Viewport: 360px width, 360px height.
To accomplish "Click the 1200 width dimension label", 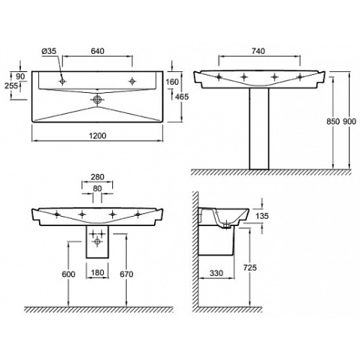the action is click(x=97, y=136).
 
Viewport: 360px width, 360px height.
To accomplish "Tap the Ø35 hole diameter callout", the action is click(x=49, y=51).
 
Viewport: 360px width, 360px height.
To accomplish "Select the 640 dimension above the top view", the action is click(x=97, y=51).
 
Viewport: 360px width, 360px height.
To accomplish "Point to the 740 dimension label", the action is click(x=258, y=51).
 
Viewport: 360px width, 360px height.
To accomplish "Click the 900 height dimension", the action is click(x=349, y=122).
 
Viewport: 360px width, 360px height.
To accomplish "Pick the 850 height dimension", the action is click(x=333, y=122).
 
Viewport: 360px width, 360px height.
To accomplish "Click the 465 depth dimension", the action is click(x=182, y=96).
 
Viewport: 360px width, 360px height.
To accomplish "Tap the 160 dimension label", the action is click(x=172, y=82).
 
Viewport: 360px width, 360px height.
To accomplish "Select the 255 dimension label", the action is click(x=12, y=86).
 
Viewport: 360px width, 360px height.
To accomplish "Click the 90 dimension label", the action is click(x=20, y=76).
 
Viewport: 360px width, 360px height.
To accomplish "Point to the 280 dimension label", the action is click(x=97, y=177).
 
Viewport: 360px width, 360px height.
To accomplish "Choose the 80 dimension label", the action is click(x=97, y=189).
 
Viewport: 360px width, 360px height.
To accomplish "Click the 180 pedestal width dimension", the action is click(x=97, y=273).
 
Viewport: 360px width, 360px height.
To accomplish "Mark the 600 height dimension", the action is click(x=68, y=274).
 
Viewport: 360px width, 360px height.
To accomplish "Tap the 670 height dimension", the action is click(x=127, y=274).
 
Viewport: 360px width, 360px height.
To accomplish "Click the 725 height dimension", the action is click(x=250, y=267).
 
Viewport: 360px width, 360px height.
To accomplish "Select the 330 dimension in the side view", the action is click(x=216, y=273).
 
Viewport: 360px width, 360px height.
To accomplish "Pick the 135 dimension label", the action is click(x=262, y=216).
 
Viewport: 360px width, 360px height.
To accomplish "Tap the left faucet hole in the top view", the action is click(x=63, y=81).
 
